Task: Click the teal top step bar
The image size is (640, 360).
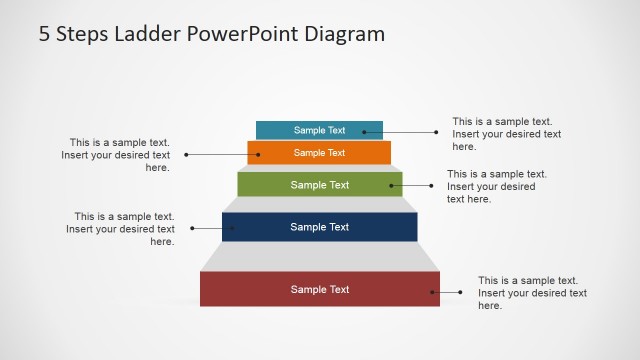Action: coord(319,130)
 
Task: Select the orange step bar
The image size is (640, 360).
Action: coord(319,153)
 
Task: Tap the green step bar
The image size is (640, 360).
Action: coord(320,184)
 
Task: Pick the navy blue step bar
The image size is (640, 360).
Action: coord(320,227)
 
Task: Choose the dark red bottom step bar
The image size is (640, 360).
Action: coord(320,289)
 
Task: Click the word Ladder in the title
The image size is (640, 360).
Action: coord(138,34)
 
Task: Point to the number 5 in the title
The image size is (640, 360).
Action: coord(45,34)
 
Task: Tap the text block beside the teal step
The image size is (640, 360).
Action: coord(506,134)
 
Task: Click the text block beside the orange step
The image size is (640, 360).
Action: coord(116,155)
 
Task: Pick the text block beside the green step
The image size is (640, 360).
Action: coord(496,186)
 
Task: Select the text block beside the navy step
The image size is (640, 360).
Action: coord(120,229)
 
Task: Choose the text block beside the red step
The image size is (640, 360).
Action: coord(532,293)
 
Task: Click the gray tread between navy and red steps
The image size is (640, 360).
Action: coord(320,256)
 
